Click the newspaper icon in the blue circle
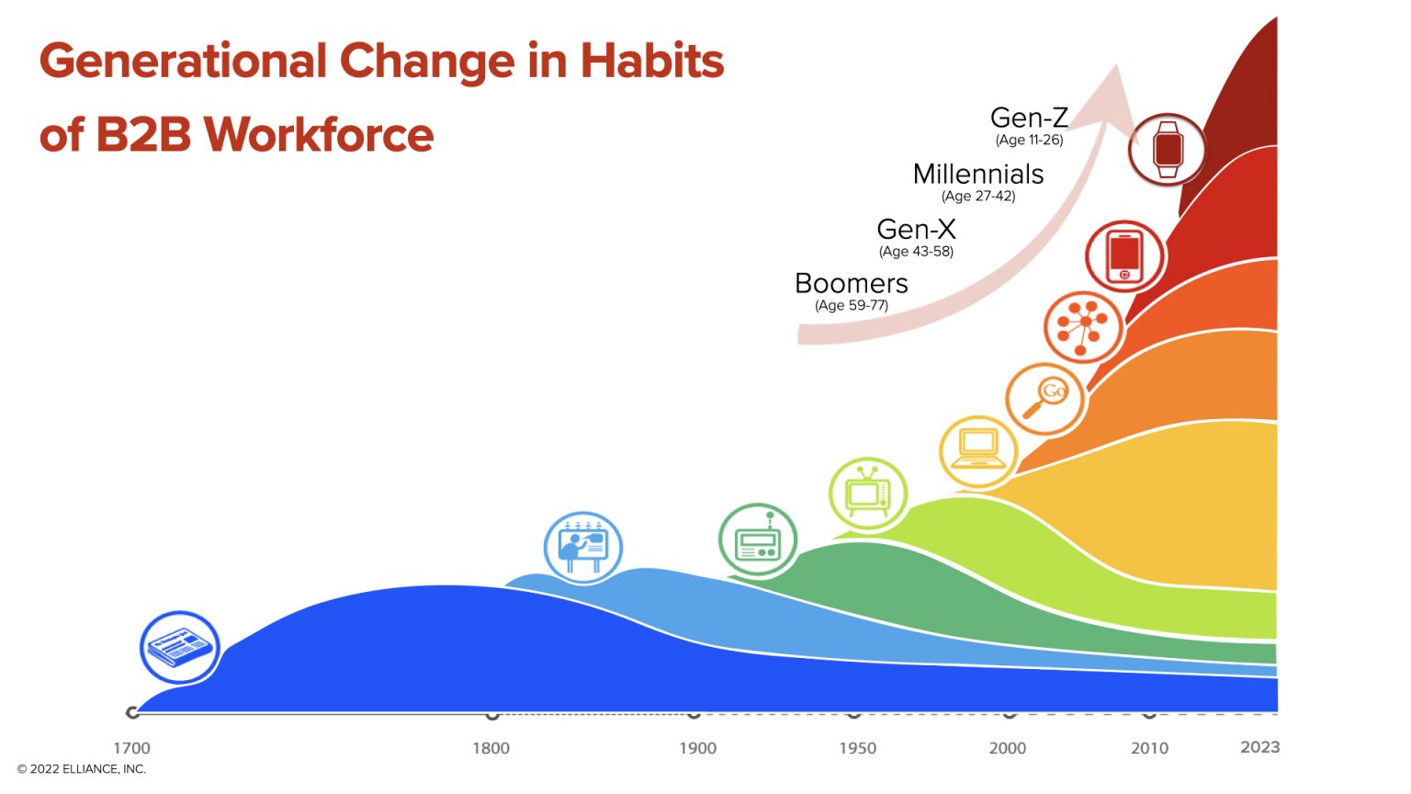180,647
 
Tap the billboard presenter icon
583,549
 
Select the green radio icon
758,541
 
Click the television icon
868,494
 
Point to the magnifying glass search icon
1045,399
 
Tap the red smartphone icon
1125,256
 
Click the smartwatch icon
1168,149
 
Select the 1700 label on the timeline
131,748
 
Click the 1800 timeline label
491,748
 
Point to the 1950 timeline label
857,748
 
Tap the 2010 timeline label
1149,748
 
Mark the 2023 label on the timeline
1259,747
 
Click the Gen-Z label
1029,118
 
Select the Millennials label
978,174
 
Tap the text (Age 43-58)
916,252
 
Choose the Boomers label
852,283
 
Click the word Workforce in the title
318,135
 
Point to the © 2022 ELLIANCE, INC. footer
82,769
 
